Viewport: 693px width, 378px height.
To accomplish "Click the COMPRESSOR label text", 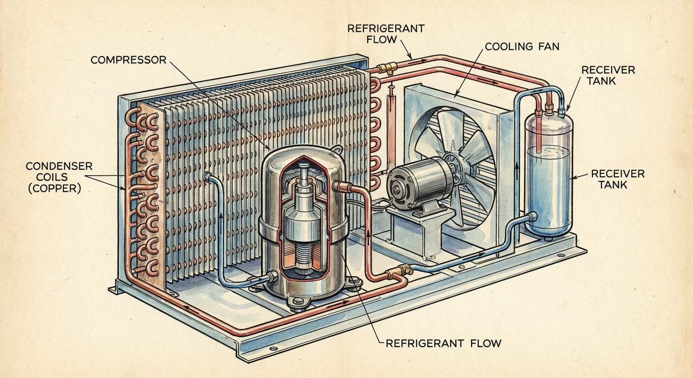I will pyautogui.click(x=128, y=60).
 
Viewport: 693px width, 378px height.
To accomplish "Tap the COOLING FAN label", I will pyautogui.click(x=522, y=47).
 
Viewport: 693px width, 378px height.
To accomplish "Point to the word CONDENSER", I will pyautogui.click(x=59, y=166).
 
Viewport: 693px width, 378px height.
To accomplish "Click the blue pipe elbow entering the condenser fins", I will pyautogui.click(x=207, y=176).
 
